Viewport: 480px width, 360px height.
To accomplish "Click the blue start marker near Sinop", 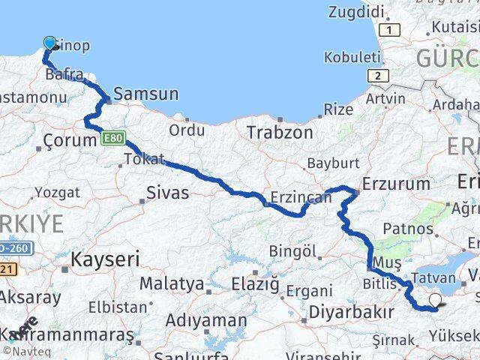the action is pyautogui.click(x=50, y=43).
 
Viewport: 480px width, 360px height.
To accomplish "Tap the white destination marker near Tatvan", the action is pyautogui.click(x=434, y=301).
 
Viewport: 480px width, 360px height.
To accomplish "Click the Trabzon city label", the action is pyautogui.click(x=280, y=132).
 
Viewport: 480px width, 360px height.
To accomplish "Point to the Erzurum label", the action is pyautogui.click(x=396, y=184).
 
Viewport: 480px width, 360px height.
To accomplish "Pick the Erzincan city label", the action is pyautogui.click(x=300, y=197).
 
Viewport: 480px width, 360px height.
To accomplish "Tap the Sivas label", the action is pyautogui.click(x=169, y=193).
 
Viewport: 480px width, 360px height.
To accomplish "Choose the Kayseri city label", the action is pyautogui.click(x=106, y=260).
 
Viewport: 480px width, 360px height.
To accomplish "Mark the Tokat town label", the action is pyautogui.click(x=143, y=159).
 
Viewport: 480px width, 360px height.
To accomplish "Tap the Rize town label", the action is pyautogui.click(x=338, y=109).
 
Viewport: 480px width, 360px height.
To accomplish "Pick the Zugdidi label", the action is pyautogui.click(x=355, y=11).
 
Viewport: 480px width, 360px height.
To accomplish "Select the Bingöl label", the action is pyautogui.click(x=286, y=250).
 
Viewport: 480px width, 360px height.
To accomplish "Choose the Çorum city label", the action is pyautogui.click(x=67, y=140).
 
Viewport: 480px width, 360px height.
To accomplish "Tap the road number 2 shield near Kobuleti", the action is pyautogui.click(x=377, y=76).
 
